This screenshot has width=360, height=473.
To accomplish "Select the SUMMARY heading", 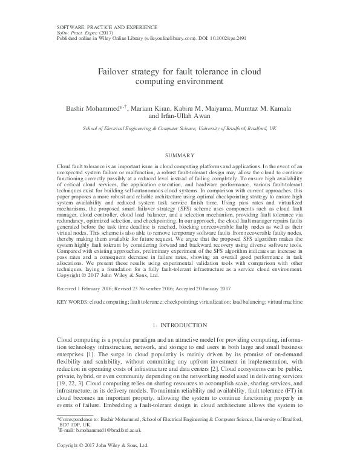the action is [x=180, y=155].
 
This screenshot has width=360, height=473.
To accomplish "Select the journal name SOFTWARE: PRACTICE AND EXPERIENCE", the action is [x=106, y=27].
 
